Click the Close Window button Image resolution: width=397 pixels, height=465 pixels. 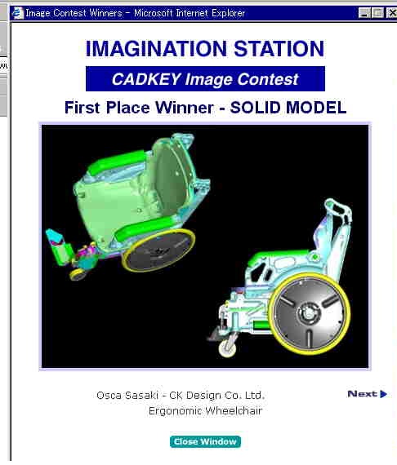205,441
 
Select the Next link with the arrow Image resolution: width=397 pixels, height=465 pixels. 368,394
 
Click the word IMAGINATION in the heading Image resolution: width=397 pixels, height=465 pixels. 156,49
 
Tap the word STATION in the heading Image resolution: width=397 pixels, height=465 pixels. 279,49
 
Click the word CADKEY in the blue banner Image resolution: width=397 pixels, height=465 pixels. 146,79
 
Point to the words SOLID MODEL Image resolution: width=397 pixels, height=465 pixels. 288,108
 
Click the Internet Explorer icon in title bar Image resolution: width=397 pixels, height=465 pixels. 17,13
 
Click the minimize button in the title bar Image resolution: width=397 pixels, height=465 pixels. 364,13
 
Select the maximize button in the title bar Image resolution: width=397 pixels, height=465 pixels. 377,13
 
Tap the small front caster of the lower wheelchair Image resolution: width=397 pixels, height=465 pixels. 228,348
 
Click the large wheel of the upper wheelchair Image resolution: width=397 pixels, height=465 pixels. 158,250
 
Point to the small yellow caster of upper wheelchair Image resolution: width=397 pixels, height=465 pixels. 78,274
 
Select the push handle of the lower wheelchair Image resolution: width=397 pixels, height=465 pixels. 338,208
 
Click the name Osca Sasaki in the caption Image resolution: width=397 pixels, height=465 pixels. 127,396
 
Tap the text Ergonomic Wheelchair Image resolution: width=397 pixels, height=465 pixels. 206,411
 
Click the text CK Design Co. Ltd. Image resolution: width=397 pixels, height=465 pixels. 216,396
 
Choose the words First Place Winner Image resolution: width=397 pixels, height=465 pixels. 139,108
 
